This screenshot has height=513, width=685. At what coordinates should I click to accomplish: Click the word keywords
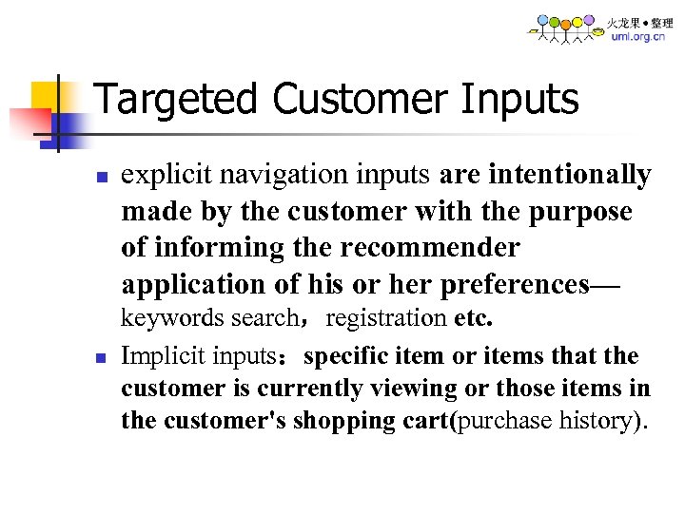(x=165, y=317)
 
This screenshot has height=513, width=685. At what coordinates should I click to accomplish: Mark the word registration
(x=386, y=317)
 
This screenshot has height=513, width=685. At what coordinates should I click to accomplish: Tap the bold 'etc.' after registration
(x=474, y=317)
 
